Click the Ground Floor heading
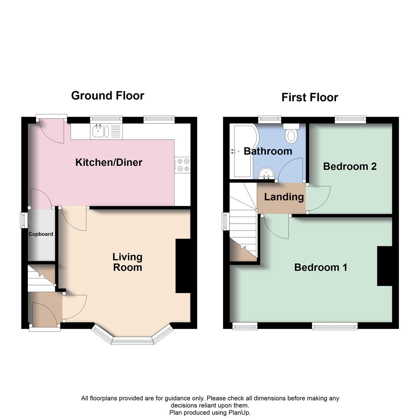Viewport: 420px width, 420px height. pyautogui.click(x=108, y=96)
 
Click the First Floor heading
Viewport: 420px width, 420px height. pyautogui.click(x=310, y=97)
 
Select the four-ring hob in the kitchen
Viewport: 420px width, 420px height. pyautogui.click(x=183, y=164)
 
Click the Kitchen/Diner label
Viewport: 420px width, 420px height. pyautogui.click(x=109, y=163)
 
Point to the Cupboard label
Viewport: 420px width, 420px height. pyautogui.click(x=41, y=234)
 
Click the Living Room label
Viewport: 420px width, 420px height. pyautogui.click(x=128, y=262)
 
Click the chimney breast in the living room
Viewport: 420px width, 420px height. pyautogui.click(x=183, y=266)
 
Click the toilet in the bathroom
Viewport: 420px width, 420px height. pyautogui.click(x=291, y=135)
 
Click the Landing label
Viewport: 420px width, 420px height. pyautogui.click(x=284, y=197)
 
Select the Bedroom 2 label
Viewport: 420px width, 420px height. pyautogui.click(x=350, y=166)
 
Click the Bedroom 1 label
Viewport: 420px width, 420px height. pyautogui.click(x=320, y=268)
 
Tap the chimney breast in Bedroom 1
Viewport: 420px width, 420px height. pyautogui.click(x=384, y=266)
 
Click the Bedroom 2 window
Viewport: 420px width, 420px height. pyautogui.click(x=351, y=119)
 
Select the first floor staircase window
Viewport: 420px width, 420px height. pyautogui.click(x=225, y=221)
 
